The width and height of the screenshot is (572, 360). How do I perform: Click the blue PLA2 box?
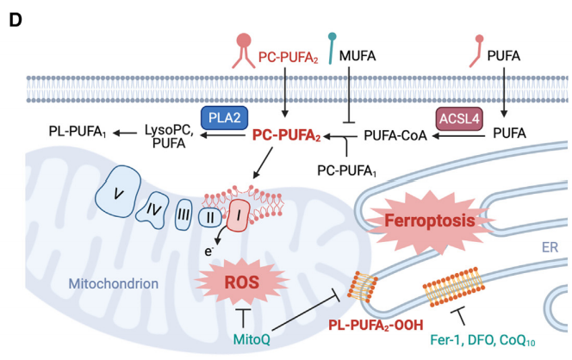224,118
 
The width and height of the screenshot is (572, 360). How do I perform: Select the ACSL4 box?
459,119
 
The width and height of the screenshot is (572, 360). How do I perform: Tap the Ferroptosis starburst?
430,221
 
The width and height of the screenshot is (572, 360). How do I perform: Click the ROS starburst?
242,282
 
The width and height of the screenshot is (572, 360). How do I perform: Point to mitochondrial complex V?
118,192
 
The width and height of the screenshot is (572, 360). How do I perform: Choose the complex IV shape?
152,210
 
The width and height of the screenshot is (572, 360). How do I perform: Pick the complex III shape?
183,214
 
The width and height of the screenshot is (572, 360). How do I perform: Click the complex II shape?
210,217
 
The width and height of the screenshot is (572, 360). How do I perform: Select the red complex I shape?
239,215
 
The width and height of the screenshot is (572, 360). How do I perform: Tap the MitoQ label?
252,339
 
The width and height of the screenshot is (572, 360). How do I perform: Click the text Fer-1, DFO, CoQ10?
482,340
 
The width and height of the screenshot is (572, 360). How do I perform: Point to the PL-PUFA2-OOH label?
376,325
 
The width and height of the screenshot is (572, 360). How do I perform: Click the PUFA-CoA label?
395,135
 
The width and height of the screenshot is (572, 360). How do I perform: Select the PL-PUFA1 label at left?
78,131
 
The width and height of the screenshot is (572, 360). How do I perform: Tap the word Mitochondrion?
114,283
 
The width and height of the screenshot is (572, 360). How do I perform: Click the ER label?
550,247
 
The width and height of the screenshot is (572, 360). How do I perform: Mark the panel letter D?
16,21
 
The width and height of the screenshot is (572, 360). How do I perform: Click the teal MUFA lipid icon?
332,48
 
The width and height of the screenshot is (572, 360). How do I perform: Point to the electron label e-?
208,251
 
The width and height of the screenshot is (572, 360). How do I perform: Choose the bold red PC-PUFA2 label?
286,135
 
